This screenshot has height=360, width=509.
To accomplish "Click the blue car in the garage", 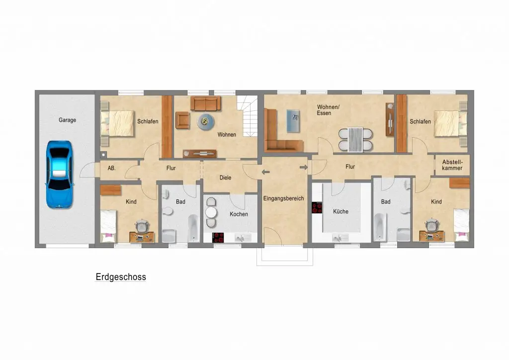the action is [x=60, y=175].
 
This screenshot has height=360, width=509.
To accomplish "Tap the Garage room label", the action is [x=67, y=120].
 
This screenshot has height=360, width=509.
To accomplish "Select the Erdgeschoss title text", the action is [x=121, y=277].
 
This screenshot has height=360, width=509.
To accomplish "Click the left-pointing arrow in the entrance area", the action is [x=266, y=172].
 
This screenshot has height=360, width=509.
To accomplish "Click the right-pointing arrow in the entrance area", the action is [x=304, y=168].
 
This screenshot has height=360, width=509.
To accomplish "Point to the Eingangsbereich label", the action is [x=283, y=198].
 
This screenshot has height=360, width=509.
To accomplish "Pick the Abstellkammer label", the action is [x=452, y=165].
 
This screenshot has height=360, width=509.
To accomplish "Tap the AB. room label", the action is [x=112, y=168].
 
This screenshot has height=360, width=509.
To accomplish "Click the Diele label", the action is [x=225, y=178].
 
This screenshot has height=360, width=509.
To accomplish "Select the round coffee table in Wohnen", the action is [x=205, y=122].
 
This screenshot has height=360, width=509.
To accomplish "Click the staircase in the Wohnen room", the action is [x=248, y=116].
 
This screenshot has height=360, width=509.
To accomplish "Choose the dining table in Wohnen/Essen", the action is [x=355, y=140].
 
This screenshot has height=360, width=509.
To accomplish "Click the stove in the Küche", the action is [x=317, y=208].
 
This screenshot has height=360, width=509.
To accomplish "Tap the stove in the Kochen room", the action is [x=218, y=238].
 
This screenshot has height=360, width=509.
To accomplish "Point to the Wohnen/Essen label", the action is [x=328, y=110].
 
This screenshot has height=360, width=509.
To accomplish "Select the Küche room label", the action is [x=340, y=212].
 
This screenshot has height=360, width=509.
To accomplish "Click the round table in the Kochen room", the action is [x=211, y=212].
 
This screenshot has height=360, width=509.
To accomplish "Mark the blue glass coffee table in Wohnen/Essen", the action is [x=293, y=121].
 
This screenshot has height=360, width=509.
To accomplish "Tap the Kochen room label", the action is [x=239, y=214].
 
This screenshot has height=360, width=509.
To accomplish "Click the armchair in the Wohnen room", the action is [x=183, y=120].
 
